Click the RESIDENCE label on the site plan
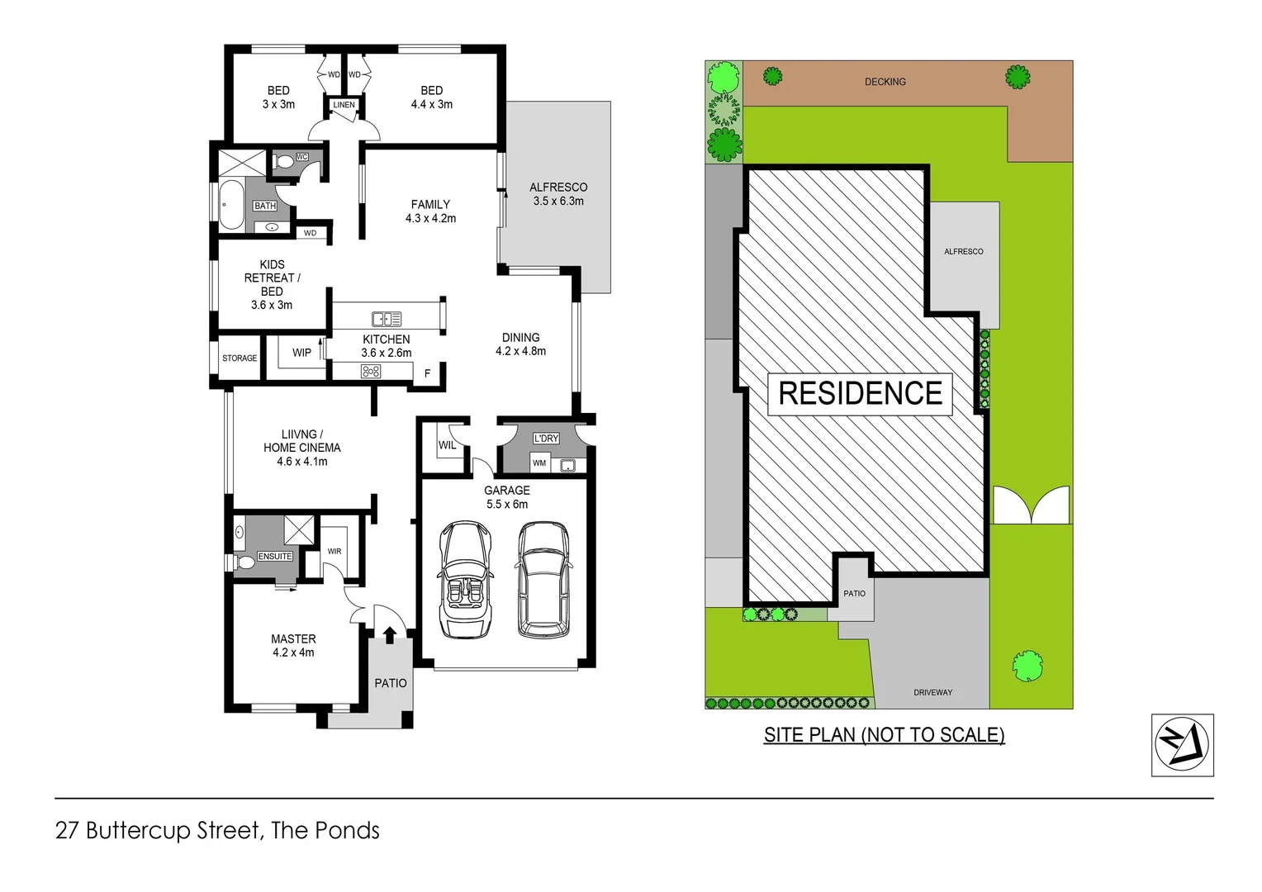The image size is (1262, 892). click(860, 393)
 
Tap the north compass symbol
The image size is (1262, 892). click(1182, 744)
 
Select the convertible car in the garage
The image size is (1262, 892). click(466, 580)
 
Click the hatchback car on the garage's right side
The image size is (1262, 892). click(543, 580)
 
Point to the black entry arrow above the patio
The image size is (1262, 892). click(389, 634)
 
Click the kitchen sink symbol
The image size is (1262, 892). click(387, 319)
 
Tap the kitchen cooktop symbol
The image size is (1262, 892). click(371, 372)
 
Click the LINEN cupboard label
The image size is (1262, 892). click(344, 105)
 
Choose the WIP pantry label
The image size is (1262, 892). click(301, 353)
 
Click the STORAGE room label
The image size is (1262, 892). click(240, 358)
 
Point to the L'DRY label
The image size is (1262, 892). click(546, 439)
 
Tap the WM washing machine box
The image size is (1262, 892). click(539, 463)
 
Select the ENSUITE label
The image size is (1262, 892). click(275, 557)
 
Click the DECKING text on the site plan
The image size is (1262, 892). click(885, 82)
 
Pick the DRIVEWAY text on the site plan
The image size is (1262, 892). click(932, 692)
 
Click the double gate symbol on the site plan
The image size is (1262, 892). click(1030, 505)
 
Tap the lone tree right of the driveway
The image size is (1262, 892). click(1027, 666)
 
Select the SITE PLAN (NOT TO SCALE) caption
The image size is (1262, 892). click(884, 735)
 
